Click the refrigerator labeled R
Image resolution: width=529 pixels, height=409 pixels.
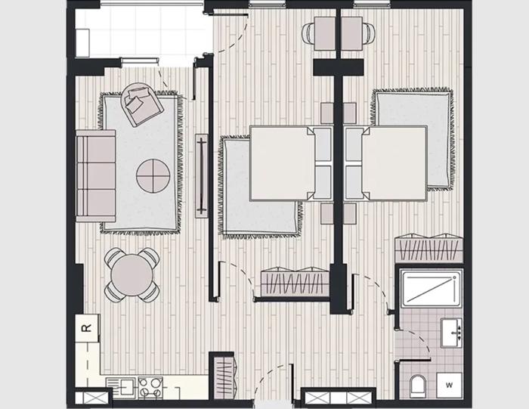(87, 328)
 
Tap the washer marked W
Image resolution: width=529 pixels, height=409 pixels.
(449, 385)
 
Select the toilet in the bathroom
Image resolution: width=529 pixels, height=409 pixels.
(418, 386)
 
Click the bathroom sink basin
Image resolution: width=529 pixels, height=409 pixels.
(451, 333)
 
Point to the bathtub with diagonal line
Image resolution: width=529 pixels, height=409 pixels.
(431, 288)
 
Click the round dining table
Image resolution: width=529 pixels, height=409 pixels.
(132, 275)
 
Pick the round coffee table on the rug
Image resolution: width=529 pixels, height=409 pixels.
(153, 175)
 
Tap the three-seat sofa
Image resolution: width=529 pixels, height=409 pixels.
(96, 176)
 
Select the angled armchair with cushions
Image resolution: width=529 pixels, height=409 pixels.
(142, 104)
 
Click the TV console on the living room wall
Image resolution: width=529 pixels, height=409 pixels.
(202, 176)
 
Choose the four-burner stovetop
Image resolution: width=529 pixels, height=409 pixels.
(150, 387)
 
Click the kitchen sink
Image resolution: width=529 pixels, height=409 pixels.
(121, 387)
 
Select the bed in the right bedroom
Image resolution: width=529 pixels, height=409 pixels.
(386, 163)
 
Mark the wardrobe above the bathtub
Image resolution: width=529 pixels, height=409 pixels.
(428, 248)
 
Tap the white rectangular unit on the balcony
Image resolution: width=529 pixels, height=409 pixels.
(82, 43)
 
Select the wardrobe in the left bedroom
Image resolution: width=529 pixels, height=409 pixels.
(295, 281)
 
